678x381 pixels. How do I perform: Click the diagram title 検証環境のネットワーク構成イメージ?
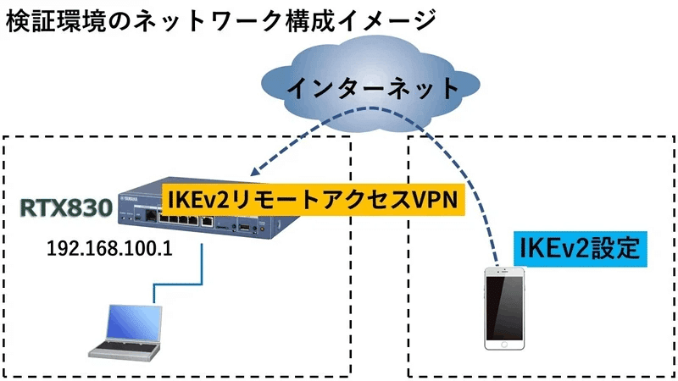[x=220, y=19]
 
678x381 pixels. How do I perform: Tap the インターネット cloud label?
[x=373, y=88]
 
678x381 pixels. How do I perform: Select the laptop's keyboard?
[x=124, y=345]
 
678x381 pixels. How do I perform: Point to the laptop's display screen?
[x=134, y=320]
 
